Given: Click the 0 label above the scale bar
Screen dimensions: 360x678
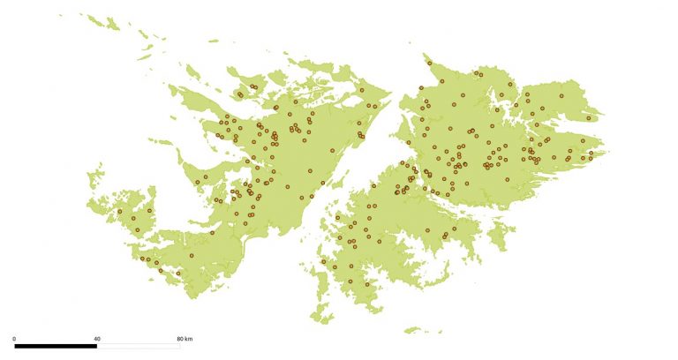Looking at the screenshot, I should [x=14, y=339].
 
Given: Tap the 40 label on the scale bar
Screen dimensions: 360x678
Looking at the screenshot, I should [x=97, y=339].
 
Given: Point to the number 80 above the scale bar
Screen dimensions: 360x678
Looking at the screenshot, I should [x=180, y=339].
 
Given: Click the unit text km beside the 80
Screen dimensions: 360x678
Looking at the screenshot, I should [x=190, y=339].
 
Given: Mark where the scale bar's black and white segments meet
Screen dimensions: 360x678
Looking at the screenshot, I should [x=97, y=346].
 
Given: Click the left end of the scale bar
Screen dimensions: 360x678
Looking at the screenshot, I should [x=14, y=346].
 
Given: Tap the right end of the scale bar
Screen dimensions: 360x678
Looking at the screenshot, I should [x=180, y=346].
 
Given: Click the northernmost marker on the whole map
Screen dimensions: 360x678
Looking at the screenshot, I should [x=429, y=63].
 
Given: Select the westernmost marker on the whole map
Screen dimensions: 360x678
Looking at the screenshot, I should [x=119, y=212].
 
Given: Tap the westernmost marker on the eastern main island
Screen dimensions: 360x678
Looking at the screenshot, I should [x=396, y=191].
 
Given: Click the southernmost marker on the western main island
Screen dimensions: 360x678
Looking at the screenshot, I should [x=178, y=274].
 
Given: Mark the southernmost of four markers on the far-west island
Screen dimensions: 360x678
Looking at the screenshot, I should [x=138, y=231].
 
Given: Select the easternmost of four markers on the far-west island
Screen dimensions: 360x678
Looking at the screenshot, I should [x=149, y=211].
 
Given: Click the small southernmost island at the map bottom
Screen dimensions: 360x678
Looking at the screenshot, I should [x=411, y=331].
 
